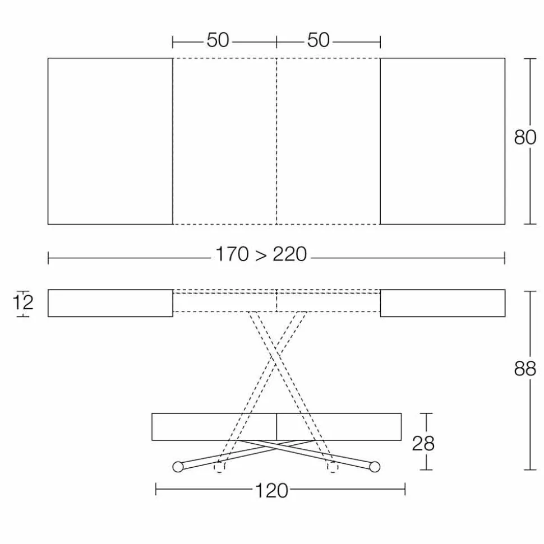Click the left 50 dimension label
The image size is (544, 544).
pyautogui.click(x=218, y=40)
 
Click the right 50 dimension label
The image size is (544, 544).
pyautogui.click(x=318, y=40)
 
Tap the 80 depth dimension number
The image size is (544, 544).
pyautogui.click(x=525, y=137)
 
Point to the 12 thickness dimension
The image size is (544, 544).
pyautogui.click(x=23, y=303)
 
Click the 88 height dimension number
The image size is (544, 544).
pyautogui.click(x=525, y=369)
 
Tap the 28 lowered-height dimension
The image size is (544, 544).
pyautogui.click(x=423, y=443)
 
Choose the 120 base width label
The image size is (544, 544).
pyautogui.click(x=271, y=491)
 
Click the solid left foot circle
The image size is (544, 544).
pyautogui.click(x=178, y=467)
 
